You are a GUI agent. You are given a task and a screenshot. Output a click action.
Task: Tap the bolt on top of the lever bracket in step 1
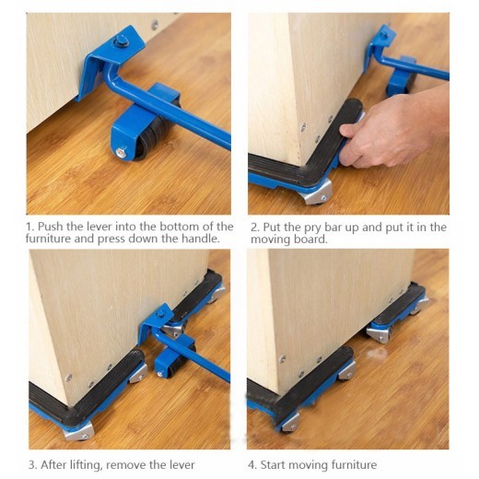point(121,40)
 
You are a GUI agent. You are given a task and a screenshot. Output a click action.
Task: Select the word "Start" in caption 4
point(276,464)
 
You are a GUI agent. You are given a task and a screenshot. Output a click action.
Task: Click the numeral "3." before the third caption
point(31,464)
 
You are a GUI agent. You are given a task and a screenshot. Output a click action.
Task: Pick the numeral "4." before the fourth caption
point(252,464)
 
